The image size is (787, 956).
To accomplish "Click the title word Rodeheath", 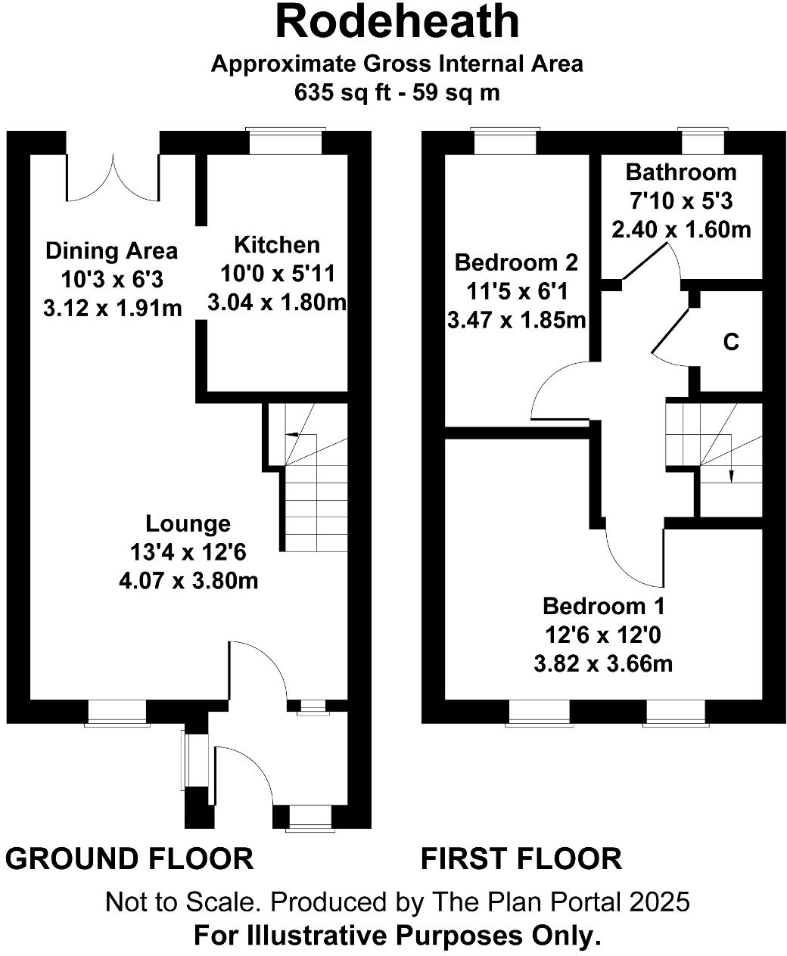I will tap(397, 22).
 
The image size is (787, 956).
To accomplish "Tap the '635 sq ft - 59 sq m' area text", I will tap(397, 92).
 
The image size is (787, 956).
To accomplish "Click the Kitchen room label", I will tap(276, 245).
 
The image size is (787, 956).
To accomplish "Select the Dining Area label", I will tap(112, 250).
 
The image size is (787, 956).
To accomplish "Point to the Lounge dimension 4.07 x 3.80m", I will tap(188, 581).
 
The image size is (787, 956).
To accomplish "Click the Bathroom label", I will tap(680, 172).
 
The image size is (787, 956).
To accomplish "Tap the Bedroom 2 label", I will tap(516, 262).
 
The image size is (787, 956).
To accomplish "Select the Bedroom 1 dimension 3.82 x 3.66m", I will tap(603, 664).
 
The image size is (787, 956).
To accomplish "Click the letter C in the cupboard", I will tap(730, 343).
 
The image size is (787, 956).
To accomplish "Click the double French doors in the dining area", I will tap(114, 178).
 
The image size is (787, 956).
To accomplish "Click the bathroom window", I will tap(701, 142).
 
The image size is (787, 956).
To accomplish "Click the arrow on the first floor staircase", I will tap(731, 473).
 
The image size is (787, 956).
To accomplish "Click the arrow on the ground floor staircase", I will tap(291, 435).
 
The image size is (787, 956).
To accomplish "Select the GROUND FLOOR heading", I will tap(129, 859).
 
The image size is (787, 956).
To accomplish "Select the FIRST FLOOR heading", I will tap(521, 859).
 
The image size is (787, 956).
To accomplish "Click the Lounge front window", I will tap(117, 712).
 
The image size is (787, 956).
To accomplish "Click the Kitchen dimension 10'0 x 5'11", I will tap(277, 273).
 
